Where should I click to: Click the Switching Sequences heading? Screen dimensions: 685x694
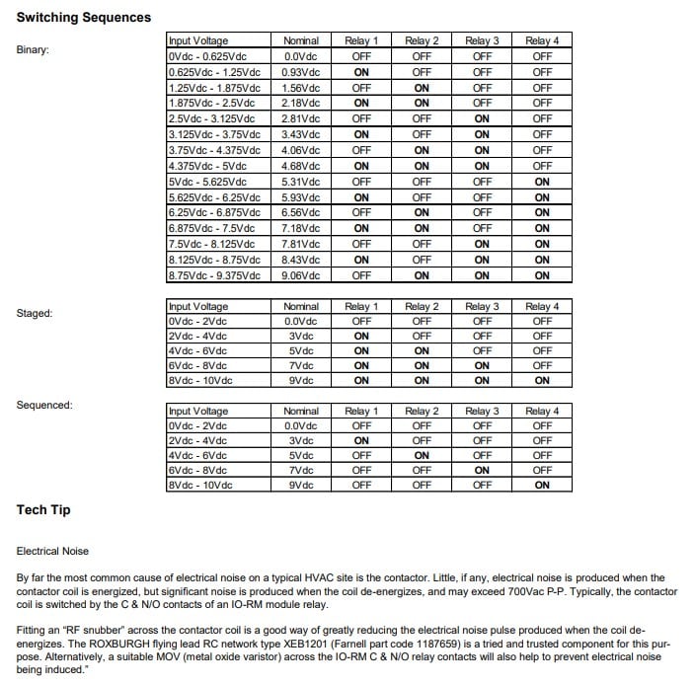(84, 17)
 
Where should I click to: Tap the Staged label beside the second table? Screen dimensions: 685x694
(35, 314)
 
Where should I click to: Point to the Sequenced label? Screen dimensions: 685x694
(43, 405)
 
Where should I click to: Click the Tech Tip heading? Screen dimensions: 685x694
(43, 510)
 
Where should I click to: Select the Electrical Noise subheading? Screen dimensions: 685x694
(59, 550)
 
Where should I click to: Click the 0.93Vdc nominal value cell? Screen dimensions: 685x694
(301, 72)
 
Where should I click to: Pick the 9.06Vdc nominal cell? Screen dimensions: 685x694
(301, 275)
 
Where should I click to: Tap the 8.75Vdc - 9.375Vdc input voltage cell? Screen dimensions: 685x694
(215, 275)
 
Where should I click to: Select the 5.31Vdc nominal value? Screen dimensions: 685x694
(301, 182)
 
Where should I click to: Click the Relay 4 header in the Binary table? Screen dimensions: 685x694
(542, 40)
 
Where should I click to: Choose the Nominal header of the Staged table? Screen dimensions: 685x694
(301, 307)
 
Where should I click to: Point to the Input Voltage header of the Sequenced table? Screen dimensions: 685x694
(198, 411)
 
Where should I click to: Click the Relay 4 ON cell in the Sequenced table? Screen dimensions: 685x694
(542, 485)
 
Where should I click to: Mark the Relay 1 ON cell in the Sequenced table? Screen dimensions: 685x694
(361, 440)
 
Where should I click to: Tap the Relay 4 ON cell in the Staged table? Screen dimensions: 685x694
(542, 380)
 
